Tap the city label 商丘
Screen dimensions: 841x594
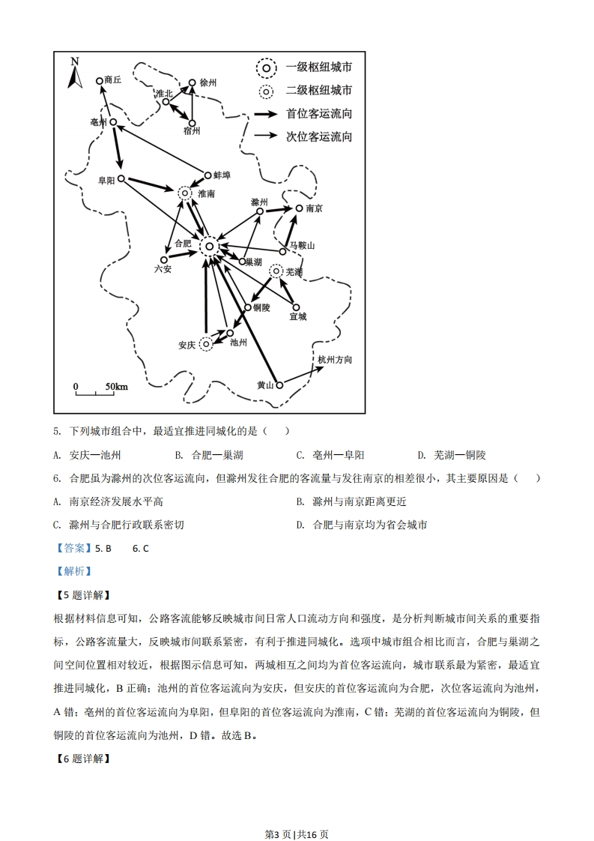[x=113, y=79]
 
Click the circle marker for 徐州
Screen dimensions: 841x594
[x=193, y=83]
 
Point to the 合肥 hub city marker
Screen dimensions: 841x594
[x=210, y=246]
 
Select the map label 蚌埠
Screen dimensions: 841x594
[x=222, y=175]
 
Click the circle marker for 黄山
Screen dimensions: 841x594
[x=279, y=385]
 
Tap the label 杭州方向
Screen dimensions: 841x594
[x=334, y=360]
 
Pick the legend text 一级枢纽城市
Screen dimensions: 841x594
[x=319, y=68]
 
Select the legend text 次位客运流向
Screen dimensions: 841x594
[x=319, y=136]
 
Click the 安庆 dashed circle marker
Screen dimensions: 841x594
[x=206, y=344]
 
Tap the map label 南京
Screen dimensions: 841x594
[x=315, y=208]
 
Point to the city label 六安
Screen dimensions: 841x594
[x=163, y=268]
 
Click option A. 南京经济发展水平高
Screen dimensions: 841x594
[x=108, y=501]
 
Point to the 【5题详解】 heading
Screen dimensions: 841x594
[x=82, y=595]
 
